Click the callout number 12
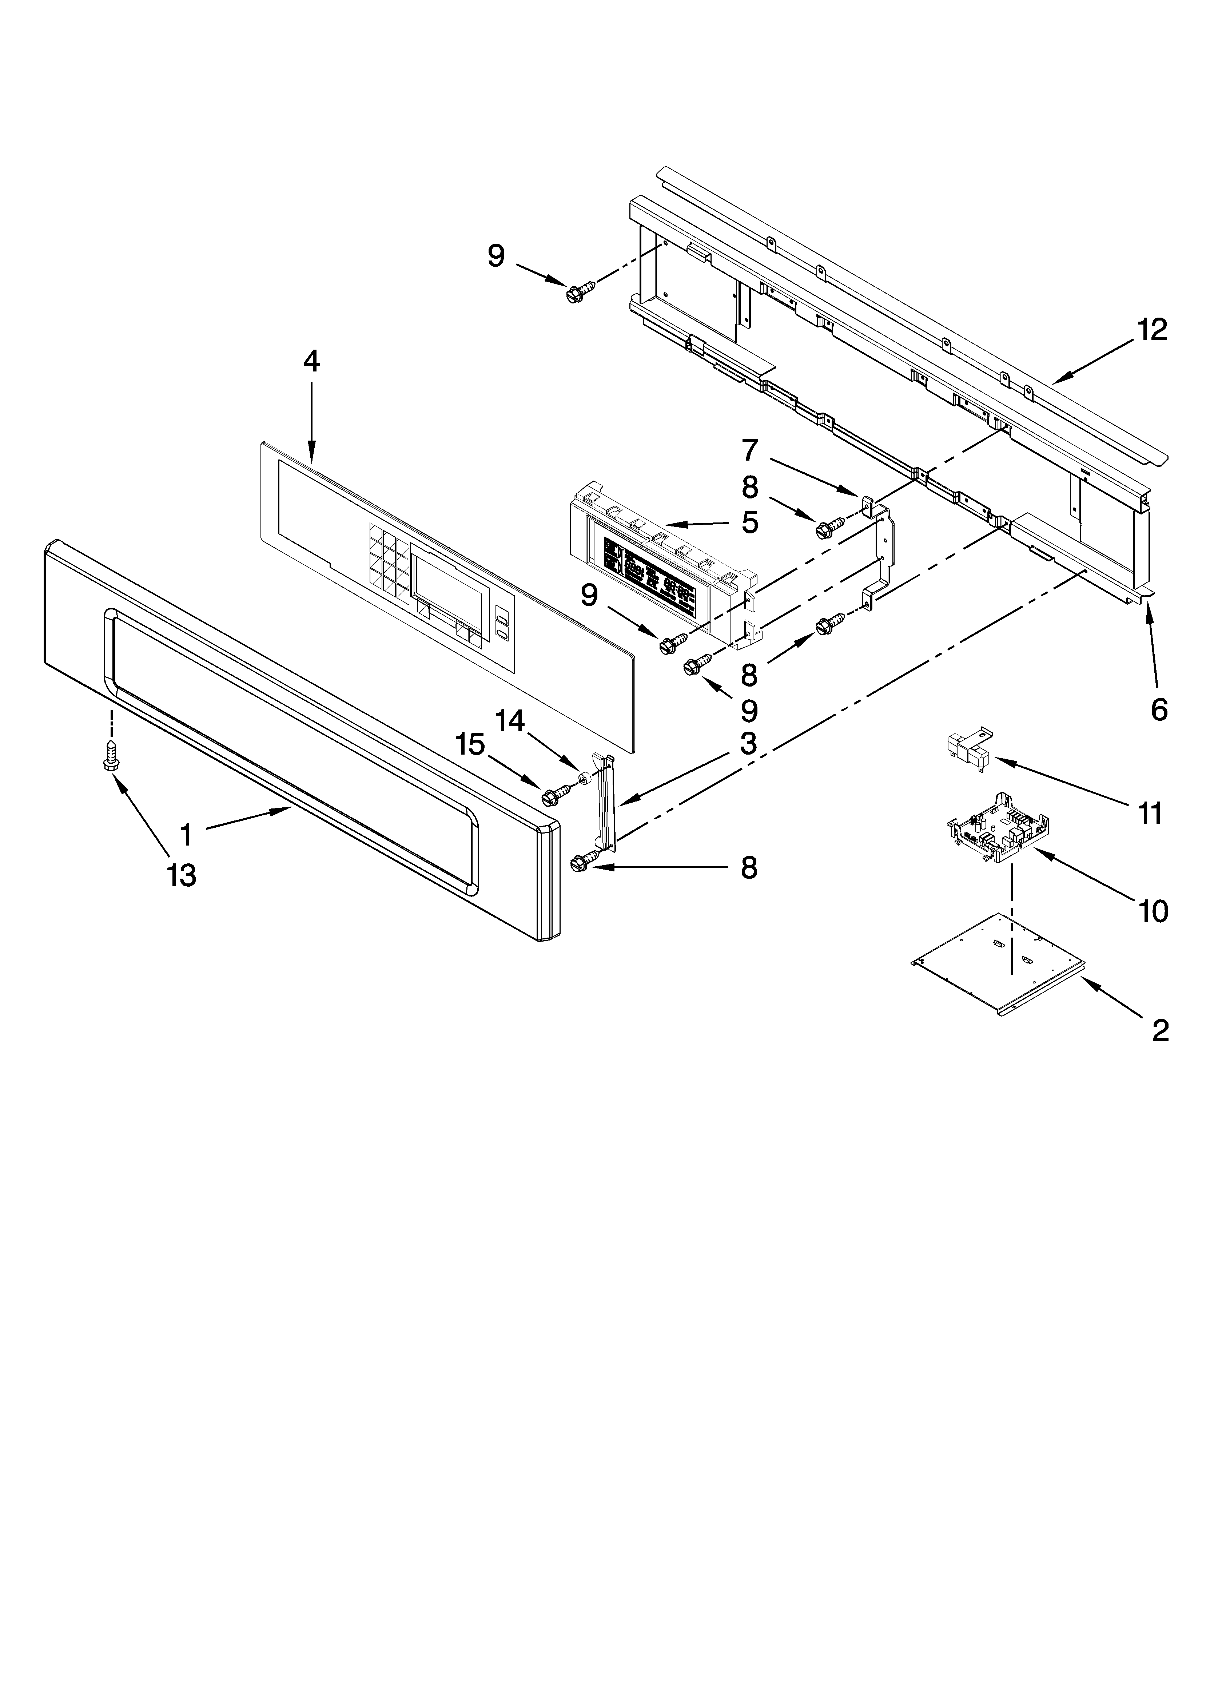point(1152,329)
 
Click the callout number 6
point(1159,710)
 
